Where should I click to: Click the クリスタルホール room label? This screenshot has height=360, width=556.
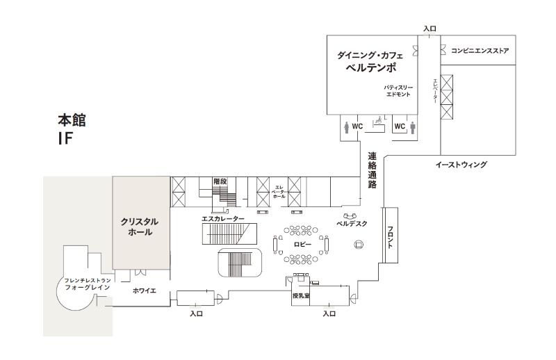tap(140, 227)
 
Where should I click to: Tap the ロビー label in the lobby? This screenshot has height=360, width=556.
tap(302, 245)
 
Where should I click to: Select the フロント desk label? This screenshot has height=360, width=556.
tap(390, 237)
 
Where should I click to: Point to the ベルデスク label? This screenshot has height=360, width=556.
tap(352, 224)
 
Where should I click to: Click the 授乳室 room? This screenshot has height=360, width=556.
tap(300, 296)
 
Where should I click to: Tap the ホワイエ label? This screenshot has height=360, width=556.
tap(145, 291)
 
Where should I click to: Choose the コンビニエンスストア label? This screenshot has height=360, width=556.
tap(480, 51)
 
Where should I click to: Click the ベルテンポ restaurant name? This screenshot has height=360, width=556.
tap(371, 67)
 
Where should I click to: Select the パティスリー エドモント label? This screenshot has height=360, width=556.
tap(398, 91)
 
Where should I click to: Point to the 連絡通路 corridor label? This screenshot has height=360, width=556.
tap(372, 170)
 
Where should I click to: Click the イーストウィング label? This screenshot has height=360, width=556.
tap(461, 165)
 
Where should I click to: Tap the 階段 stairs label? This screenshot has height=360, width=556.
tap(220, 181)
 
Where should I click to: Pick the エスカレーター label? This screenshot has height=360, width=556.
tap(222, 219)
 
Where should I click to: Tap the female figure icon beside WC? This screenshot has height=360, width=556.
tap(346, 127)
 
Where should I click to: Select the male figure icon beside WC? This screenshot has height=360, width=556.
tap(412, 128)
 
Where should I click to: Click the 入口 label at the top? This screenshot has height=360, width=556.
tap(430, 28)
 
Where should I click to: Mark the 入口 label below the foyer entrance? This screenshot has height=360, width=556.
tap(196, 313)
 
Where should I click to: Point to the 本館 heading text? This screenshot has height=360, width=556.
tap(72, 120)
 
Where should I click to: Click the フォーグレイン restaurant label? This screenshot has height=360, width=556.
tap(88, 287)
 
